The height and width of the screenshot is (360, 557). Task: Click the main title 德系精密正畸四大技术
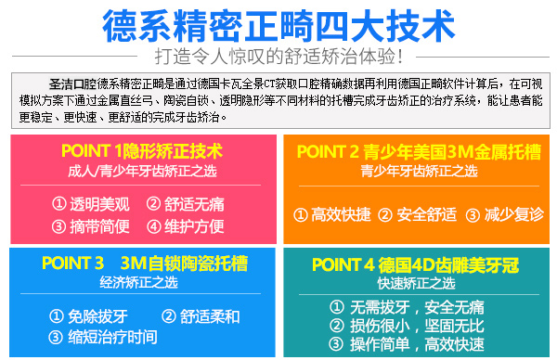(278, 26)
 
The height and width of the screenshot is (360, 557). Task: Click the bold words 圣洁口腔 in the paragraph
(72, 84)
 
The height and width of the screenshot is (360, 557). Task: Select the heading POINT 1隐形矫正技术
(142, 151)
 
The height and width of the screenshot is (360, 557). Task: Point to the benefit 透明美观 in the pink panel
(100, 204)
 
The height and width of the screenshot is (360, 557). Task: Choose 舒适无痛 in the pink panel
(194, 204)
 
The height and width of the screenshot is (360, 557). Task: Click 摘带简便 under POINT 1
(100, 226)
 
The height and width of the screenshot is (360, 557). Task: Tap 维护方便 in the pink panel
(194, 226)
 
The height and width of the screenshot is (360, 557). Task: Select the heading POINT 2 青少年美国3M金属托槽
(420, 151)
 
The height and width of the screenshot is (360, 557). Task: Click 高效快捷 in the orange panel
(341, 214)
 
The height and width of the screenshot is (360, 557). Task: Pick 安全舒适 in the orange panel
(427, 214)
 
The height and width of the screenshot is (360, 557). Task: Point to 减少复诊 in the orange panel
(514, 214)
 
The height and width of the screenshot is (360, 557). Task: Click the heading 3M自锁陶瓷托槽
(184, 264)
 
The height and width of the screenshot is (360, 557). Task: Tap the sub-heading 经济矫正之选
(139, 282)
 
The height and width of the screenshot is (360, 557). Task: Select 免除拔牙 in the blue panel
(97, 316)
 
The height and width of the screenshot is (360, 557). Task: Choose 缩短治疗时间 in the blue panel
(112, 337)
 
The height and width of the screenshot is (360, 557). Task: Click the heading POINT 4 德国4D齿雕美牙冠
(416, 264)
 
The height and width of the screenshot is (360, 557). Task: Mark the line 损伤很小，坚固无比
(417, 326)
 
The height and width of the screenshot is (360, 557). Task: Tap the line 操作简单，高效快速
(417, 344)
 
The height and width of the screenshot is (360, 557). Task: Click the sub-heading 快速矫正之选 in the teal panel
(416, 283)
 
